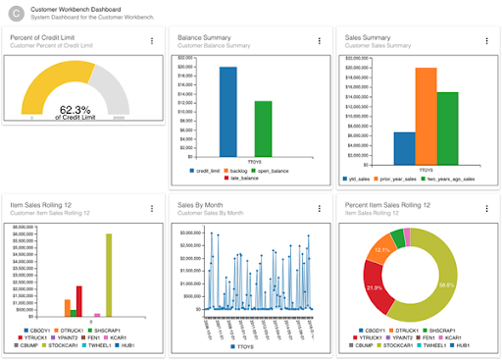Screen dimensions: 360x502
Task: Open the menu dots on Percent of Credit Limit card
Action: tap(152, 41)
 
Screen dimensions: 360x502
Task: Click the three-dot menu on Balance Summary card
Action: tap(320, 41)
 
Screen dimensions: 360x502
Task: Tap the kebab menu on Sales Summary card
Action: tap(487, 41)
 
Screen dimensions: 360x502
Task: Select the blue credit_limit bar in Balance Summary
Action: tap(227, 110)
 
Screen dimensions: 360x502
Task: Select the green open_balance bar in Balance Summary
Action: tap(263, 127)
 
